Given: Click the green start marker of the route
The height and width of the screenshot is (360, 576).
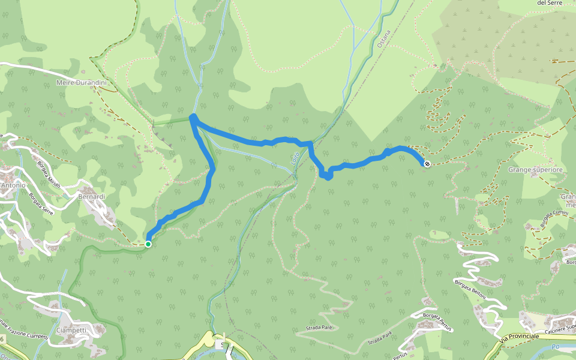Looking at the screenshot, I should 148,244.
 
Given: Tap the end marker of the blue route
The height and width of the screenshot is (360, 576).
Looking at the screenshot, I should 427,163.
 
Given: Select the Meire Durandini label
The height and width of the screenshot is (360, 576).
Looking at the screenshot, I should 81,82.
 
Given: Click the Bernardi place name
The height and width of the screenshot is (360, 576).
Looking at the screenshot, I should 92,196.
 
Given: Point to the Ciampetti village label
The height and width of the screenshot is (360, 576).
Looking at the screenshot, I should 71,330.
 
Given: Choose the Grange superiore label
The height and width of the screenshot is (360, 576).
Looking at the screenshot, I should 535,170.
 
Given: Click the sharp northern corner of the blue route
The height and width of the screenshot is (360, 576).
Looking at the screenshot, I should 193,117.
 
